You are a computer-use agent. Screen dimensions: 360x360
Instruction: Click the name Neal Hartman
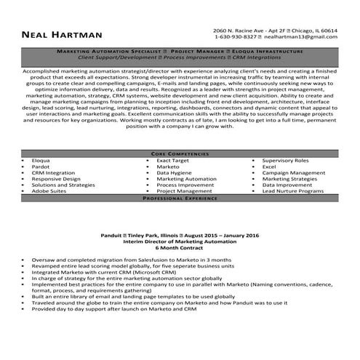(x=61, y=35)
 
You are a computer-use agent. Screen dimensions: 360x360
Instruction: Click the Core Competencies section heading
(x=180, y=154)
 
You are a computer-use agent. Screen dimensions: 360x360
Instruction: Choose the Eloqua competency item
(x=41, y=160)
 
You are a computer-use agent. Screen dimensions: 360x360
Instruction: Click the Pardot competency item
(x=41, y=167)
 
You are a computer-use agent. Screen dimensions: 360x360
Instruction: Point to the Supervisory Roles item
(x=285, y=160)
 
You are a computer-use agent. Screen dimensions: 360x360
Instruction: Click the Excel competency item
(x=269, y=167)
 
